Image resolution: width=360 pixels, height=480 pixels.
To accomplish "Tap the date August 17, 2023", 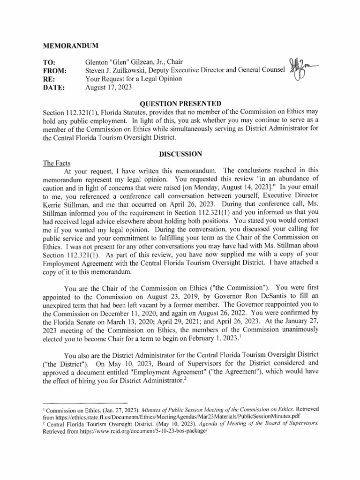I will pyautogui.click(x=108, y=87).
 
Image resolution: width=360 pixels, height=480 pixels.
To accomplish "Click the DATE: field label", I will pyautogui.click(x=53, y=87).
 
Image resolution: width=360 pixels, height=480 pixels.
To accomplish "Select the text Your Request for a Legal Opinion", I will pyautogui.click(x=134, y=79).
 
